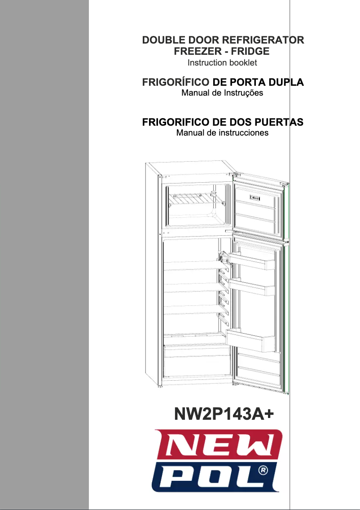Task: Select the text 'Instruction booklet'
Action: coord(222,63)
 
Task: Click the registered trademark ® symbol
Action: coord(264,470)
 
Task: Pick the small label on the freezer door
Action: coord(255,198)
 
